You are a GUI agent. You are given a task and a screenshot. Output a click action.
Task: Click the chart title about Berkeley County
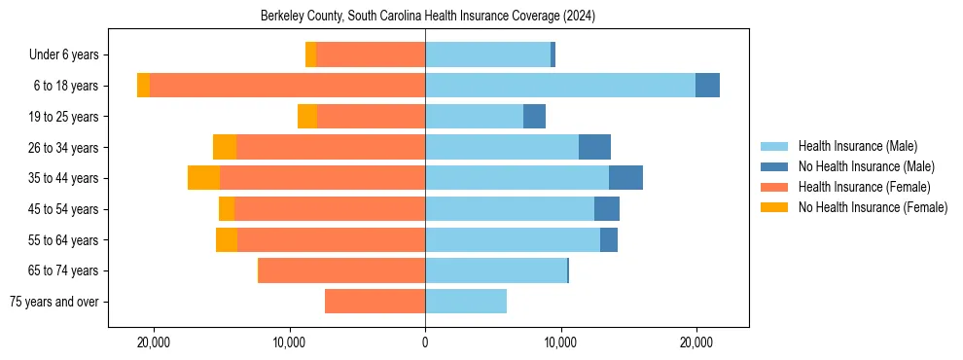pos(428,17)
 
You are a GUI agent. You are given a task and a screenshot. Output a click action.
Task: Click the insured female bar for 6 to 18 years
pos(287,86)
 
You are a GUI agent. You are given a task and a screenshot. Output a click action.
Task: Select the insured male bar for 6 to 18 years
pos(559,86)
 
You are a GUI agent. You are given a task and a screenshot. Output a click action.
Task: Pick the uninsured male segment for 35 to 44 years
pos(625,178)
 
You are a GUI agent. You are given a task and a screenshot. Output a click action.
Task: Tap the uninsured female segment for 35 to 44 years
pos(203,178)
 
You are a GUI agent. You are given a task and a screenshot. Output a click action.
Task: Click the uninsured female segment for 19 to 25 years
pos(307,117)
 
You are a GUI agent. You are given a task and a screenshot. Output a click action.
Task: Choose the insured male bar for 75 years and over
pos(466,302)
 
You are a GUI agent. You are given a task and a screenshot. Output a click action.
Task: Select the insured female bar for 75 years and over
pos(374,302)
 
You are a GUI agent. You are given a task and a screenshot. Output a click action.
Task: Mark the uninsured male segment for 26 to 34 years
pos(594,147)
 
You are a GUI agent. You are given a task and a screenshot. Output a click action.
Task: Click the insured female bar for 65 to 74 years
pos(341,270)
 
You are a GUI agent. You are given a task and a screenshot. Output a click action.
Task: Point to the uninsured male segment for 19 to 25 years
pos(534,117)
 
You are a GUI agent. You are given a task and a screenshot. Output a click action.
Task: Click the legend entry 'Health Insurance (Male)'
pos(857,146)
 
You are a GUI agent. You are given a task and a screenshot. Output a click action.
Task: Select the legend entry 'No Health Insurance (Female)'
pos(872,207)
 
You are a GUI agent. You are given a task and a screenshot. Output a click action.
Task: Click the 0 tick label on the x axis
pos(425,342)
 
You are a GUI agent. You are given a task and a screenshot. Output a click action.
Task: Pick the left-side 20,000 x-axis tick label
pos(154,342)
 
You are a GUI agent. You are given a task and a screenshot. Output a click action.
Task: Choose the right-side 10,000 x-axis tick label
pos(560,342)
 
